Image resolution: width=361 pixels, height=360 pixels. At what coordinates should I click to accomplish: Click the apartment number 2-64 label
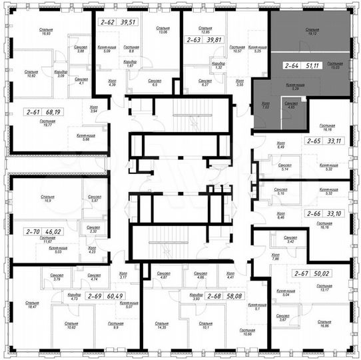290,66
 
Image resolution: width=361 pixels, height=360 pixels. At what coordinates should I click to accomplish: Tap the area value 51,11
314,66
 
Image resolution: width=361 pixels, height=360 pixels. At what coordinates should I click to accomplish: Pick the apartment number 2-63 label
193,39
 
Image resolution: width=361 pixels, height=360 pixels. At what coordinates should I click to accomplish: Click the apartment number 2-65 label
312,141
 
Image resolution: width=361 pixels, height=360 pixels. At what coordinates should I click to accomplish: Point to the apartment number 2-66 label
312,213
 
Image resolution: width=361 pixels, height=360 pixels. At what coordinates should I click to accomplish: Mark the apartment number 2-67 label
302,273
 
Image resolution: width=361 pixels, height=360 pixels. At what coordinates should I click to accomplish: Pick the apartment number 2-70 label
33,233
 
